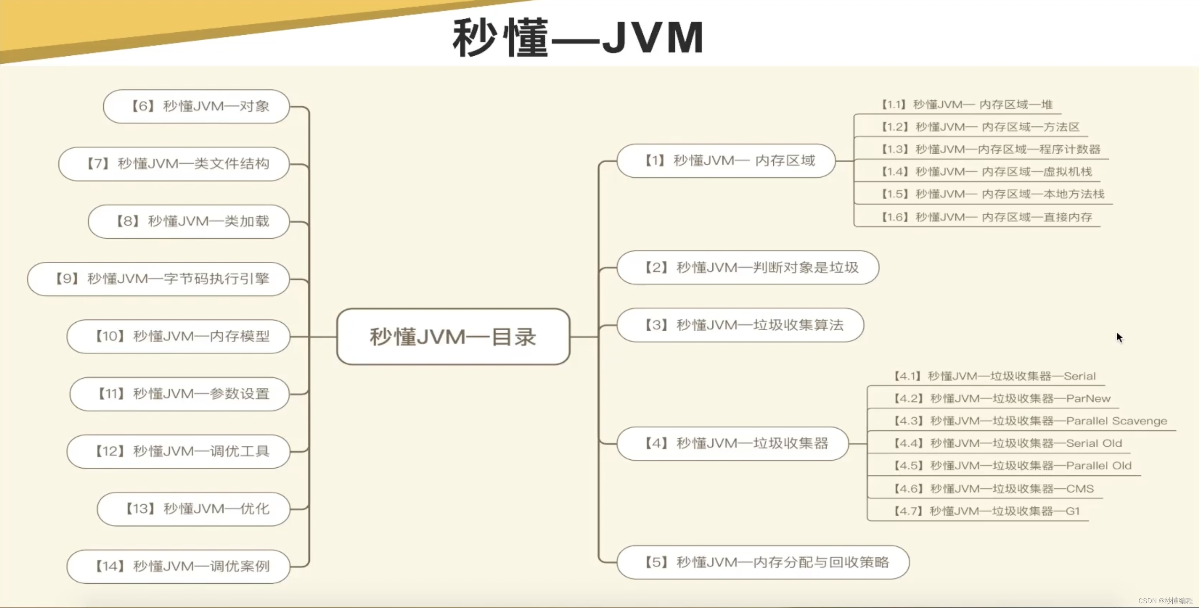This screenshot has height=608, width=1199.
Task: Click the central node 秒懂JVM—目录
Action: tap(453, 337)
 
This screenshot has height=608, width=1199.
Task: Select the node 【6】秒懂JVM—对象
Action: tap(197, 106)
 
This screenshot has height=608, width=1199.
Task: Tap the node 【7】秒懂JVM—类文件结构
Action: tap(174, 164)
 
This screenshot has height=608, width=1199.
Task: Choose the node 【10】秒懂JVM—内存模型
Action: tap(178, 336)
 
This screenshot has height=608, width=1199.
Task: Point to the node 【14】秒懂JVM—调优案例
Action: tap(178, 567)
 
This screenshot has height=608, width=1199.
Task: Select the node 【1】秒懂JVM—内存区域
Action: tap(726, 161)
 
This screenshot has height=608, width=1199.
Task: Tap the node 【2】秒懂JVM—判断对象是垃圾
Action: tap(748, 267)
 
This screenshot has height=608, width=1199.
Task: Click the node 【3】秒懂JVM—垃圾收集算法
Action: tap(740, 325)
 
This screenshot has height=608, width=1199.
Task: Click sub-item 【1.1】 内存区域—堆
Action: tap(967, 105)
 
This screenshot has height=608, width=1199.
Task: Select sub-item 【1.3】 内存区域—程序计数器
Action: tap(991, 149)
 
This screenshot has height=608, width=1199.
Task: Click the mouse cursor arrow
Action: tap(1119, 337)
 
